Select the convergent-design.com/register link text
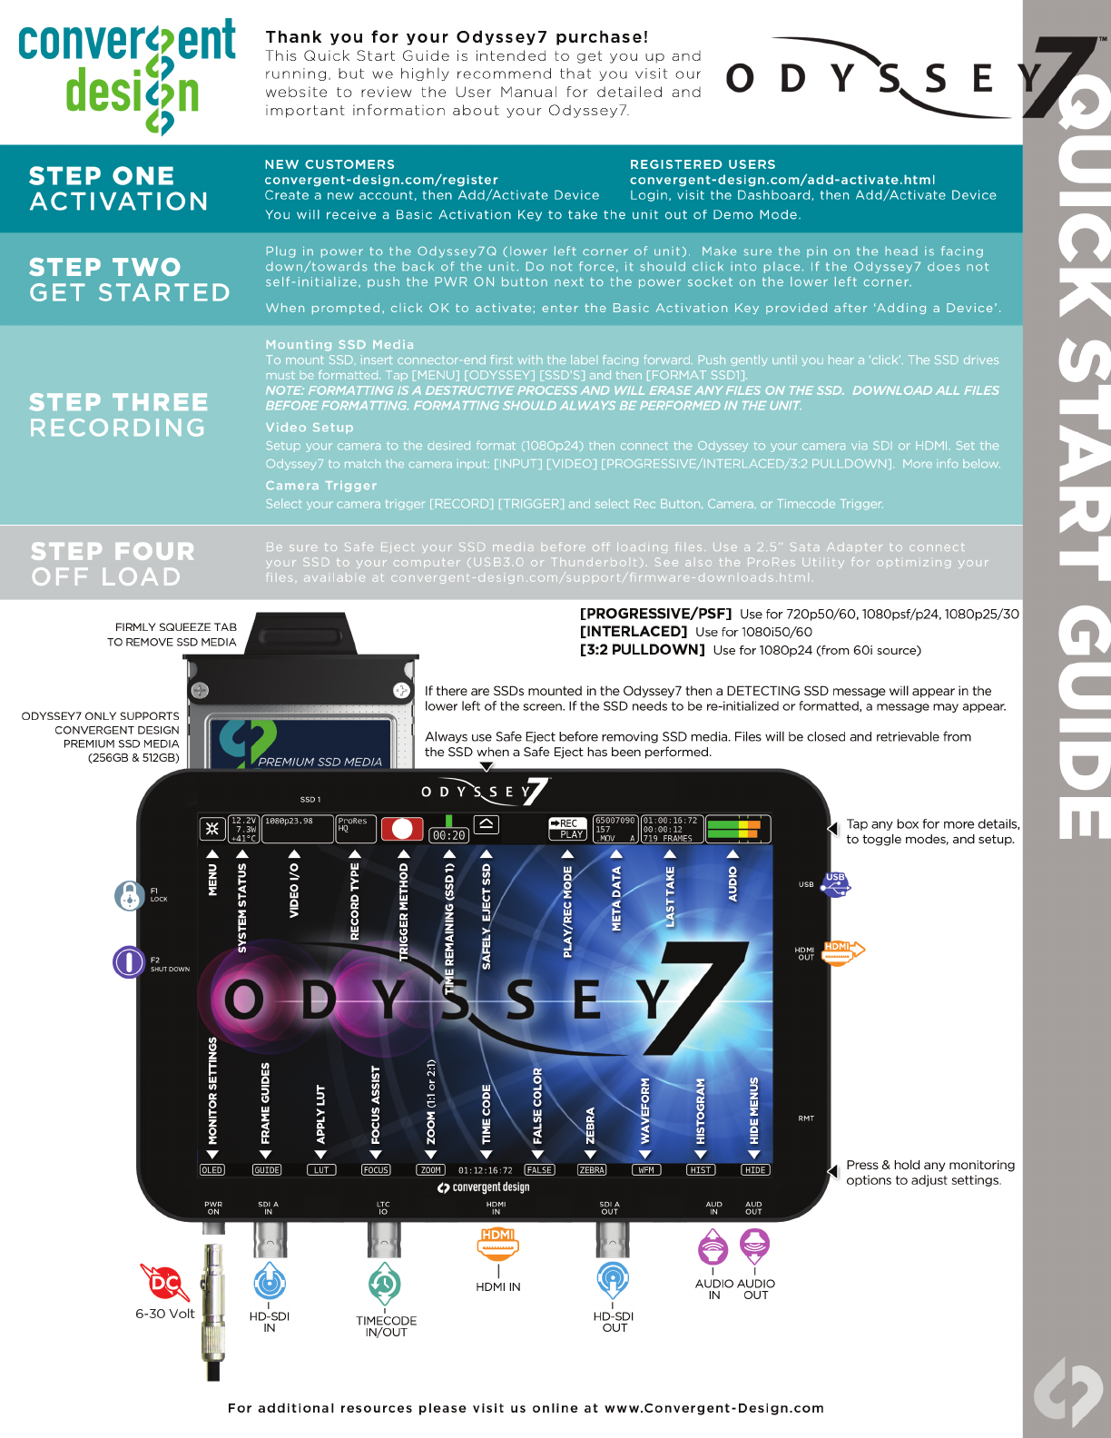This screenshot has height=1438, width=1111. tap(381, 180)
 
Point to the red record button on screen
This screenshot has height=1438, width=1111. tap(402, 829)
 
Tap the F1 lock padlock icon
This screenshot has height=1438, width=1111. tap(130, 895)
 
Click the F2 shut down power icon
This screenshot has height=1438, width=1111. tap(129, 961)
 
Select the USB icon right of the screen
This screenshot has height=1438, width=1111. tap(835, 883)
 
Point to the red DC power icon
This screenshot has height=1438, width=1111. tap(164, 1282)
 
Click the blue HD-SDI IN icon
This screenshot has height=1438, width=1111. tap(270, 1282)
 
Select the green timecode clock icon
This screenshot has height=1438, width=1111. tap(385, 1284)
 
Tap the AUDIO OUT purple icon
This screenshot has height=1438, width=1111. tap(754, 1246)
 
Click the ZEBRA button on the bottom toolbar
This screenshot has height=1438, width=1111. tap(592, 1170)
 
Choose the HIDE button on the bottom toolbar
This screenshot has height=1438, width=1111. tap(755, 1170)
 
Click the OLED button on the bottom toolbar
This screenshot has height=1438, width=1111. tap(211, 1170)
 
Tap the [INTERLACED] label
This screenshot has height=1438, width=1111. tap(634, 632)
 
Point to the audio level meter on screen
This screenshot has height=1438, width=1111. tap(736, 829)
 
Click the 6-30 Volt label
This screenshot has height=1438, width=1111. tap(164, 1314)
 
